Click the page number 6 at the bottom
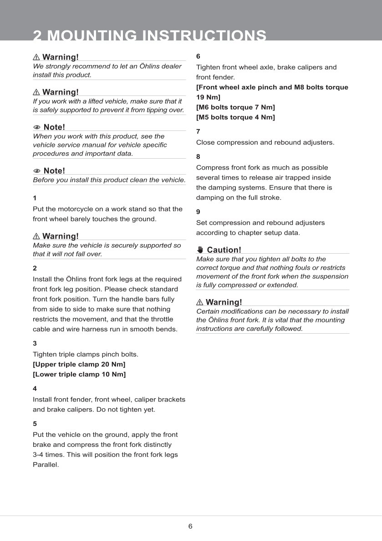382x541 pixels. click(x=190, y=526)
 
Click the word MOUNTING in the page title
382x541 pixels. click(x=92, y=35)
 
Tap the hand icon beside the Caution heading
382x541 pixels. click(x=200, y=250)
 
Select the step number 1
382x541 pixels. click(x=35, y=198)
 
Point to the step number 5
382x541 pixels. click(x=35, y=424)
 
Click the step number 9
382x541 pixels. click(x=198, y=212)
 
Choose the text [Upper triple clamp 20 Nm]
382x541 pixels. click(x=79, y=365)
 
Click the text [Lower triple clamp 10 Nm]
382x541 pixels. click(x=79, y=375)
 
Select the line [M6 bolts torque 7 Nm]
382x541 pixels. click(x=235, y=107)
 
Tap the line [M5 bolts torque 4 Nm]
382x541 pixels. click(x=235, y=117)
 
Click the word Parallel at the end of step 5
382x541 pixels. click(x=46, y=465)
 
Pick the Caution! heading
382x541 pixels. click(x=224, y=250)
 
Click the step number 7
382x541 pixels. click(x=198, y=131)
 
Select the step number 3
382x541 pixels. click(x=35, y=343)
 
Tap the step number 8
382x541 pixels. click(x=198, y=157)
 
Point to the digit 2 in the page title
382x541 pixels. click(x=37, y=35)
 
